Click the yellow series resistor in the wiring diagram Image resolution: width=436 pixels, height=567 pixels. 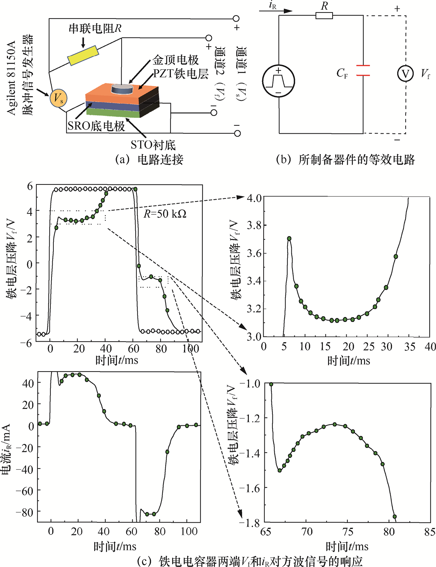click(83, 56)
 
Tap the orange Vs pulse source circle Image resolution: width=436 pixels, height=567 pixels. click(58, 98)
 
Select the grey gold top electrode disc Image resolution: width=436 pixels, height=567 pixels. click(122, 89)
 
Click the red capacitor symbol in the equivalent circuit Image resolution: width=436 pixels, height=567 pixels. click(363, 70)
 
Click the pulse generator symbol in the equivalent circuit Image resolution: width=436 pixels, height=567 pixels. click(278, 81)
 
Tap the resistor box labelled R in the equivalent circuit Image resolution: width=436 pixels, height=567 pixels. click(324, 16)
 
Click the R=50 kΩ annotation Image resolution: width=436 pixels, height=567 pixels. click(165, 214)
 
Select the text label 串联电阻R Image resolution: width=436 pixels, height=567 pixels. click(95, 28)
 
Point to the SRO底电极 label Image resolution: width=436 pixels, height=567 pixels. click(96, 126)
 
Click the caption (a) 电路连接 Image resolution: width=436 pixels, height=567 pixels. click(149, 159)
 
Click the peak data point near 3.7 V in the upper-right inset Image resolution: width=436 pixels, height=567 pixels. click(289, 239)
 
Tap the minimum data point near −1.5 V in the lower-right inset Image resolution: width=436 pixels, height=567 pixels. click(280, 470)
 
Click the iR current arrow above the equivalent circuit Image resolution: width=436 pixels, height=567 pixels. click(276, 11)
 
